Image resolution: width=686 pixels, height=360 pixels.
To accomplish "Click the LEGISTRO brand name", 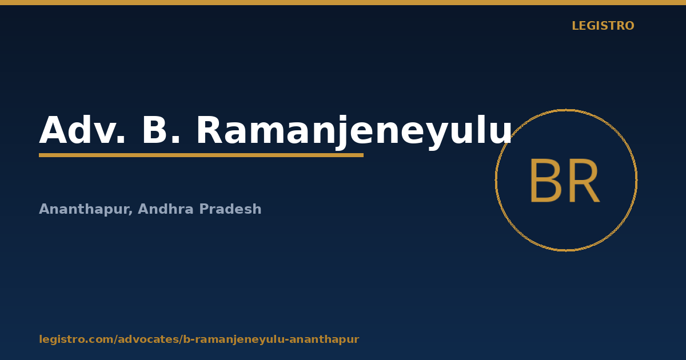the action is (603, 26).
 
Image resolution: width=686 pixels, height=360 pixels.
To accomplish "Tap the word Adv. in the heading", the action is (82, 130).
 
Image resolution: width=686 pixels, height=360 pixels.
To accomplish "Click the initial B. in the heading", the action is (161, 130).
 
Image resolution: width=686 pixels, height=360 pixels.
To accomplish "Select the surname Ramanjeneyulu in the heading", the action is (354, 132).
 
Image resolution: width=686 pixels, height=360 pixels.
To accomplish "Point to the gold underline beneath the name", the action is (201, 155).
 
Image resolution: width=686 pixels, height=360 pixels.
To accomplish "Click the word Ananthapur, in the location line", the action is (86, 209).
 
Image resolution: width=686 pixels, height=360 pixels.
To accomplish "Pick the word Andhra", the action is (166, 209).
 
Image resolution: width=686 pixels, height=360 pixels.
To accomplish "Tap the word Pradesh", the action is (230, 209).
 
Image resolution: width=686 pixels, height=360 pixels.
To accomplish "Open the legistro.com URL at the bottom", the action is (199, 339).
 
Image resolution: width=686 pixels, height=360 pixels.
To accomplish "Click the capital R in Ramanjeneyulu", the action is (209, 130).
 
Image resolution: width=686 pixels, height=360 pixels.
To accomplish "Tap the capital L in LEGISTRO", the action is (576, 26).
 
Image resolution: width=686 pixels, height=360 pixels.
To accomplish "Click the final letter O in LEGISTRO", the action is (629, 26).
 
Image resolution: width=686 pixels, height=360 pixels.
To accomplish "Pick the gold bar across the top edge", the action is (343, 2).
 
